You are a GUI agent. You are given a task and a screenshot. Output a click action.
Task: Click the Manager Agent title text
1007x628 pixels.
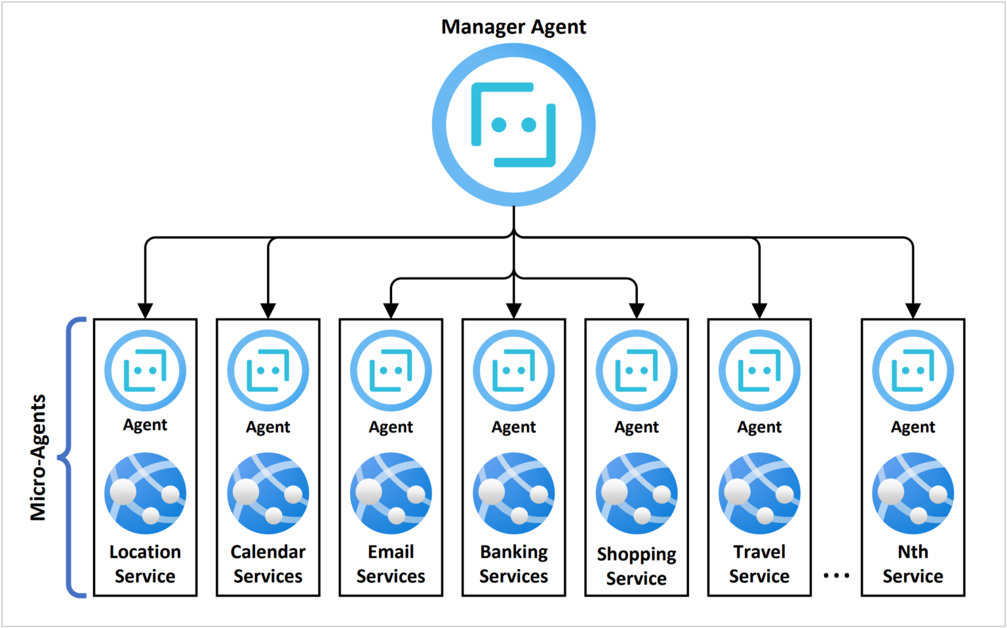[513, 27]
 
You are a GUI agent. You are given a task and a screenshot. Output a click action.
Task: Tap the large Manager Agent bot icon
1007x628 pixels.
[513, 125]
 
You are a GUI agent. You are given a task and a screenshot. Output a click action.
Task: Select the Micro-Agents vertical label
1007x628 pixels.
[39, 458]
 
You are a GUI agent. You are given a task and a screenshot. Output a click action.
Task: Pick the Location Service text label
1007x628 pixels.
[145, 564]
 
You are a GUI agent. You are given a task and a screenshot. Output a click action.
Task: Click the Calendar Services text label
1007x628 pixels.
[268, 564]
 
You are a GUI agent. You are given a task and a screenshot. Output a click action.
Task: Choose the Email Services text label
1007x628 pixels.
[391, 564]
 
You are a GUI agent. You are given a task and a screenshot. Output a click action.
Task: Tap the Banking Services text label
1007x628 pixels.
[513, 564]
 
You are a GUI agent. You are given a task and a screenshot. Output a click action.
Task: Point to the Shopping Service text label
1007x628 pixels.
[637, 566]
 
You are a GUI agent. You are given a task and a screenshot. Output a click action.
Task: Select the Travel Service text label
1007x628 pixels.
[759, 564]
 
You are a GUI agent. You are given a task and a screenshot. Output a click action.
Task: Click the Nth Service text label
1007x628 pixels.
[913, 564]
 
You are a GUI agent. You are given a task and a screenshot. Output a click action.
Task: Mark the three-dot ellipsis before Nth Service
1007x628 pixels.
[836, 576]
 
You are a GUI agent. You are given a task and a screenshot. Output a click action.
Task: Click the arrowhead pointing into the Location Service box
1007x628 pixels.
[146, 310]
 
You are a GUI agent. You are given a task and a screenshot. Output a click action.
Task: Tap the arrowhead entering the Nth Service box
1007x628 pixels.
[913, 310]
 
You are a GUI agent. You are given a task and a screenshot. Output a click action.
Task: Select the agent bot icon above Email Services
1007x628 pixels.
[391, 370]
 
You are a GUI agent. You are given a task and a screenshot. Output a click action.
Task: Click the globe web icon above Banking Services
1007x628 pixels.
[513, 493]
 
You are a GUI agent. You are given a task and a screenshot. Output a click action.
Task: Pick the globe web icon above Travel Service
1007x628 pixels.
[759, 493]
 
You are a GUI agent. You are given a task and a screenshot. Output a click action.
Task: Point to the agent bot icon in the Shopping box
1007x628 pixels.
[637, 370]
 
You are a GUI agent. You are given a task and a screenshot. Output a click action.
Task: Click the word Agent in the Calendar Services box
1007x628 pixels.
[268, 427]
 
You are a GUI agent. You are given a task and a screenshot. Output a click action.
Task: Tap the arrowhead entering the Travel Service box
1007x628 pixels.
[759, 310]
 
